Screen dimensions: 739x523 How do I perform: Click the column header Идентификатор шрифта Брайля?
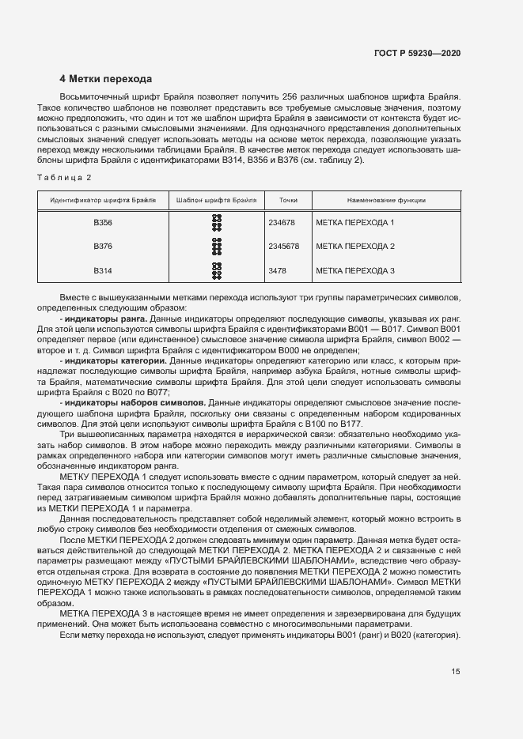pyautogui.click(x=103, y=201)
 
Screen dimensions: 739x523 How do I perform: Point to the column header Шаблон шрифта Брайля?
pyautogui.click(x=216, y=201)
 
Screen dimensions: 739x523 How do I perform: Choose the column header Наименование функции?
pyautogui.click(x=386, y=201)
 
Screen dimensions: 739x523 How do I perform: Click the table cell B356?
pyautogui.click(x=103, y=223)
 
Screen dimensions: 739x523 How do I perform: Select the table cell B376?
pyautogui.click(x=103, y=247)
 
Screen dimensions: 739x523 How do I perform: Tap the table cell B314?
pyautogui.click(x=103, y=271)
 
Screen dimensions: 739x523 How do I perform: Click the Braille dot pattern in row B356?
pyautogui.click(x=216, y=223)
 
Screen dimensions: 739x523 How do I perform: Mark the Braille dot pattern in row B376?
pyautogui.click(x=216, y=247)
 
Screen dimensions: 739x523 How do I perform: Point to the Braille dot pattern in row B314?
pyautogui.click(x=216, y=271)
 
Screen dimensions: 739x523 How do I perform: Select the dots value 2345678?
pyautogui.click(x=284, y=247)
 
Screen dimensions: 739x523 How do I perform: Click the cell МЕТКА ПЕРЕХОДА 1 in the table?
pyautogui.click(x=354, y=223)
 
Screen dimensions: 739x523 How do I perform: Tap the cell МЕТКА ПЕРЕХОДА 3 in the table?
pyautogui.click(x=354, y=271)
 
